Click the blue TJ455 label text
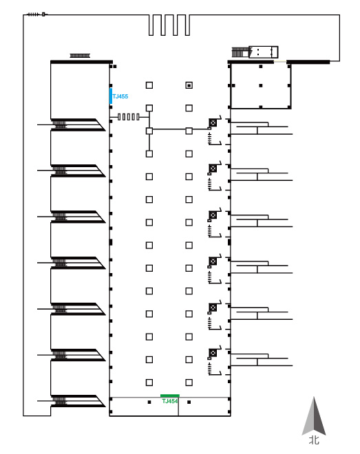pyautogui.click(x=120, y=96)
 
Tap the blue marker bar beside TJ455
pyautogui.click(x=111, y=96)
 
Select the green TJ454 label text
pyautogui.click(x=170, y=401)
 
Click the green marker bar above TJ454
pyautogui.click(x=170, y=396)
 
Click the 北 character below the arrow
pyautogui.click(x=314, y=440)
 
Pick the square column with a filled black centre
pyautogui.click(x=189, y=85)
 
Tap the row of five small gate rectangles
pyautogui.click(x=128, y=117)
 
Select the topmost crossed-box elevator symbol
pyautogui.click(x=213, y=122)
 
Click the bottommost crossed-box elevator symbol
pyautogui.click(x=213, y=353)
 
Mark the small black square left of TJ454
pyautogui.click(x=149, y=402)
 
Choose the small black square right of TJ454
pyautogui.click(x=189, y=402)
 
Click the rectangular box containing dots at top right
pyautogui.click(x=263, y=52)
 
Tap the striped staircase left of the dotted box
pyautogui.click(x=240, y=52)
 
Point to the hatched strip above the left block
pyautogui.click(x=80, y=56)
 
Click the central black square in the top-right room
pyautogui.click(x=261, y=86)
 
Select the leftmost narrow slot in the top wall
pyautogui.click(x=151, y=25)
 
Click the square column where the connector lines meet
pyautogui.click(x=149, y=131)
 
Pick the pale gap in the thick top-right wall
pyautogui.click(x=279, y=61)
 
